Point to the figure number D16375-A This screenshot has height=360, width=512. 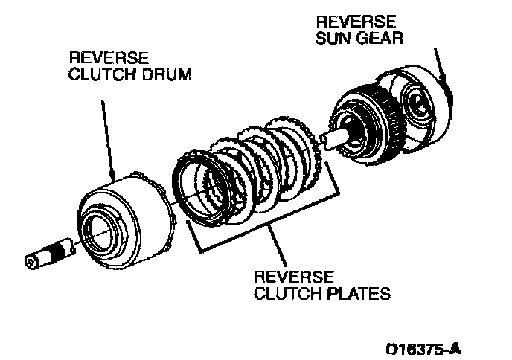pyautogui.click(x=428, y=347)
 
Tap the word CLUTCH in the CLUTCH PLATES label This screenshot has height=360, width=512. pyautogui.click(x=280, y=294)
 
